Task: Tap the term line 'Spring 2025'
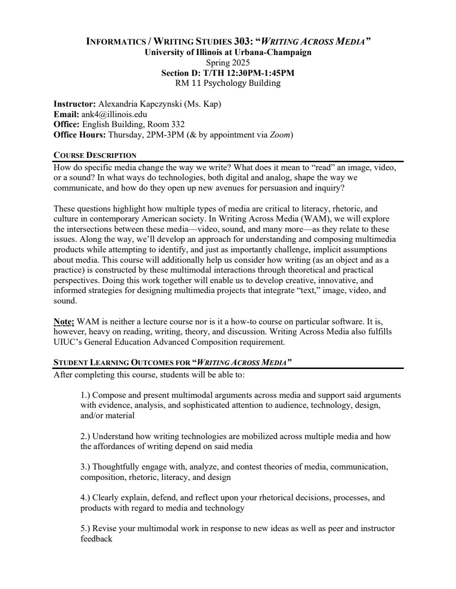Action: click(228, 63)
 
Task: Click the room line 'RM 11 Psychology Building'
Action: click(228, 83)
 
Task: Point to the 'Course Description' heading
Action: click(95, 155)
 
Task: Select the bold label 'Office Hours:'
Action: click(80, 135)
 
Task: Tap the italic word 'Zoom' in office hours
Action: click(280, 135)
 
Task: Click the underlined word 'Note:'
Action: click(64, 322)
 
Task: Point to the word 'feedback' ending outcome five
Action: click(96, 539)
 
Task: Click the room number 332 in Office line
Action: click(178, 124)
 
